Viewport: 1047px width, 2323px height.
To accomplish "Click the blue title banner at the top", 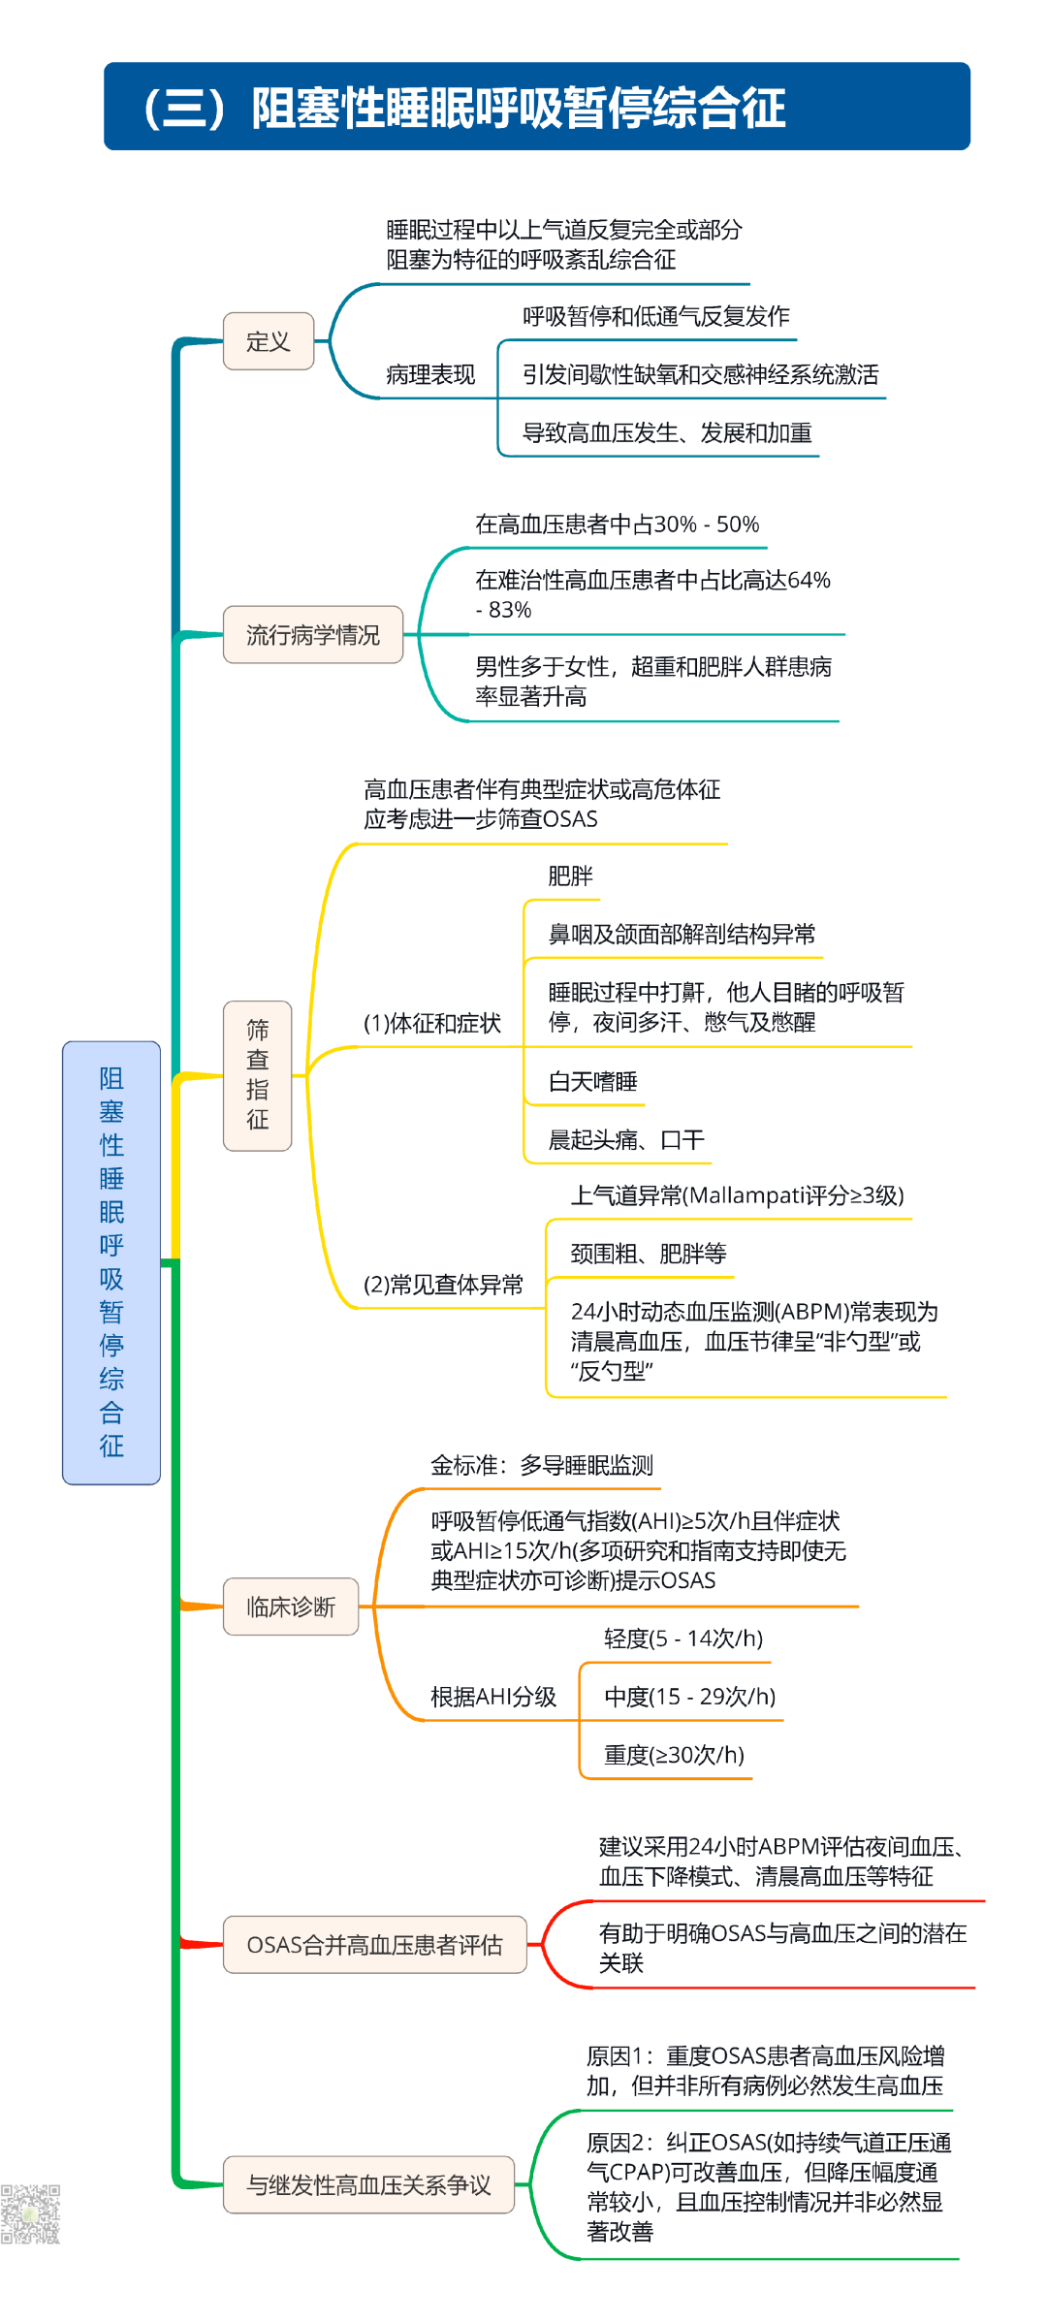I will tap(536, 107).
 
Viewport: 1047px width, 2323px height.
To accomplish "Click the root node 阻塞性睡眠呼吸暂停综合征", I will tap(111, 1261).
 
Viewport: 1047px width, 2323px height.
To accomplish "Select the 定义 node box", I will tap(269, 341).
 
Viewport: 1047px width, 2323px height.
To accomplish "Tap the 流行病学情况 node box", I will tap(313, 635).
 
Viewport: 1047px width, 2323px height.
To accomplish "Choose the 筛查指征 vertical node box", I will tap(258, 1075).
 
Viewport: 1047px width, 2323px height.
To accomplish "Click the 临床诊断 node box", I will tap(291, 1607).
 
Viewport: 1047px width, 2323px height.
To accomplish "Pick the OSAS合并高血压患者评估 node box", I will tap(375, 1944).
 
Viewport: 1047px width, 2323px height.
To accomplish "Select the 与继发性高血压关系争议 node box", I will tap(368, 2184).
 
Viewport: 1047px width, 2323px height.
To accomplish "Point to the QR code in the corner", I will tap(30, 2213).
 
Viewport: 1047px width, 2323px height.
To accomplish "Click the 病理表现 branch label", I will tap(430, 375).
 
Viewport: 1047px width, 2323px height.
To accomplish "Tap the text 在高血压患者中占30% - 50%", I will tap(617, 525).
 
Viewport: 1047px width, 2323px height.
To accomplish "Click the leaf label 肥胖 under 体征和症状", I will tap(570, 876).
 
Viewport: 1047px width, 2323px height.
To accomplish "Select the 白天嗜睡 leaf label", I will tap(592, 1082).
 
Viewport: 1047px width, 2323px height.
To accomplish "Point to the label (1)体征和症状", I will tap(431, 1024).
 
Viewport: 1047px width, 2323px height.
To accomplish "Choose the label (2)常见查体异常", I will tap(443, 1285).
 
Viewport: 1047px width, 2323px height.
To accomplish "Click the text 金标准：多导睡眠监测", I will tap(542, 1465).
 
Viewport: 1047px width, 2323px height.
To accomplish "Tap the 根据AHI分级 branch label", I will tap(493, 1697).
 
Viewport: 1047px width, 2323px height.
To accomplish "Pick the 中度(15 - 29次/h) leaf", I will tap(689, 1697).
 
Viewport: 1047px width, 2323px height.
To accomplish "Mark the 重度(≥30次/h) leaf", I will tap(674, 1755).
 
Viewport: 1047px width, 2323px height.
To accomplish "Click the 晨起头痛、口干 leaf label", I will tap(626, 1140).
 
